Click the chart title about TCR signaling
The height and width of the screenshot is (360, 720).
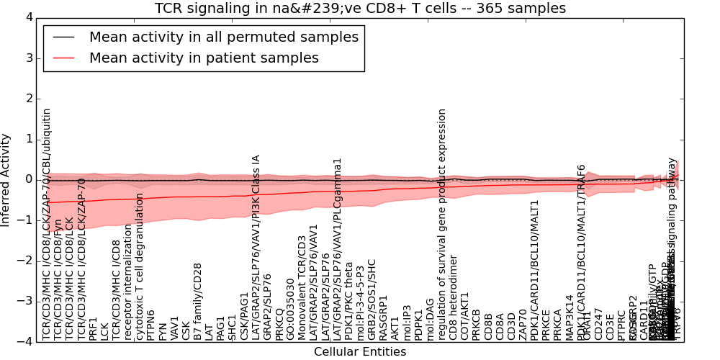(x=360, y=9)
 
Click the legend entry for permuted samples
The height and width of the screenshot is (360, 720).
(x=223, y=37)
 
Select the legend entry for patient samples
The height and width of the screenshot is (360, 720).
(x=204, y=58)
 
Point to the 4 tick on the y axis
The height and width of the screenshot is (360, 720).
(x=28, y=17)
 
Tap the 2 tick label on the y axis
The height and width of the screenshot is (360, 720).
(x=28, y=99)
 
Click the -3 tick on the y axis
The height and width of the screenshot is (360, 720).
(x=26, y=301)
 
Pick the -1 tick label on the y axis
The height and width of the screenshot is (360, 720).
(x=26, y=220)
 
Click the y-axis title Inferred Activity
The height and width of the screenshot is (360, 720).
(x=6, y=179)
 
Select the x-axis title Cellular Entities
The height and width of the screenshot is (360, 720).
(x=360, y=352)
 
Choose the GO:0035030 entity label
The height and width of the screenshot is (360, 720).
(x=290, y=314)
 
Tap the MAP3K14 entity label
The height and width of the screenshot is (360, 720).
(x=570, y=318)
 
